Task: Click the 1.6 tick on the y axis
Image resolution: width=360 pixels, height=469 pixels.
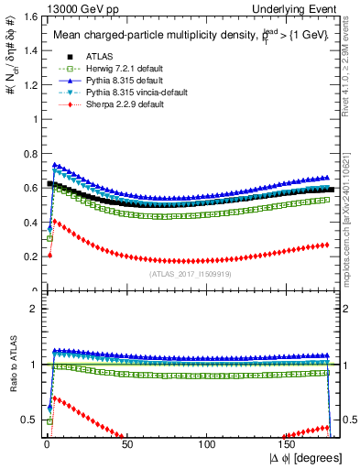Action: pyautogui.click(x=27, y=16)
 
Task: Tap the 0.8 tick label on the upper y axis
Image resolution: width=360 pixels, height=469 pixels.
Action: pyautogui.click(x=27, y=154)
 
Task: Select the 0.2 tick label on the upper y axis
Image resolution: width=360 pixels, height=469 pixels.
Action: pyautogui.click(x=27, y=257)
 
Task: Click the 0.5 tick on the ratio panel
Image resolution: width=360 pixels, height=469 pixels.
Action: pyautogui.click(x=27, y=420)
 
